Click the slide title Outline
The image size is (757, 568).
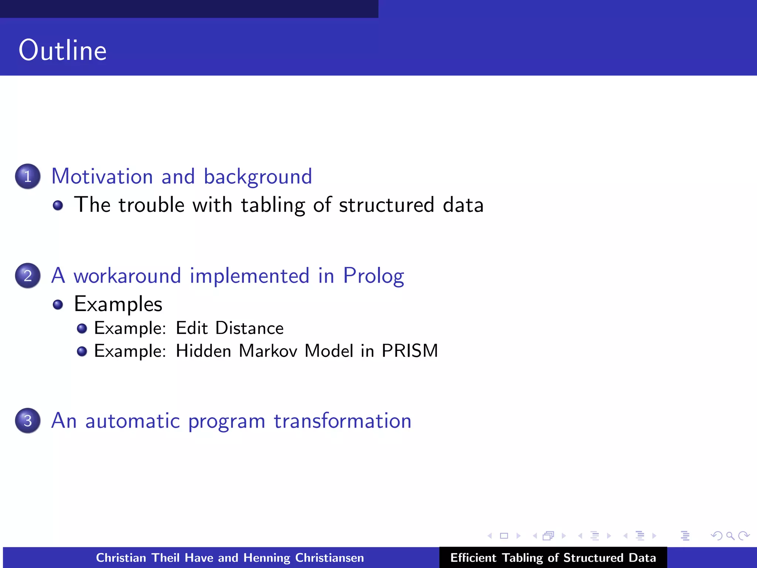point(62,50)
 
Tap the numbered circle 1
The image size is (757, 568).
point(28,176)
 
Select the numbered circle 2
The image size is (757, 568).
point(28,276)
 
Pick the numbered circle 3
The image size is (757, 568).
point(28,421)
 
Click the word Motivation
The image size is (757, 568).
point(102,176)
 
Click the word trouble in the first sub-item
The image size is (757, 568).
point(151,205)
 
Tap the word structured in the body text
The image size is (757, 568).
point(386,205)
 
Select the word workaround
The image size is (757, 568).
point(127,276)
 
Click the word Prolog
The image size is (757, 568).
point(373,276)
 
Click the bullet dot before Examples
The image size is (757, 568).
point(58,305)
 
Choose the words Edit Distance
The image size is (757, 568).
point(230,328)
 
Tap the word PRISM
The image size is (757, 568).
point(410,351)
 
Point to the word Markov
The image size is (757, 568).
point(268,351)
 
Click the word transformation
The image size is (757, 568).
point(342,421)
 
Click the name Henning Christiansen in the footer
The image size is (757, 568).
point(303,558)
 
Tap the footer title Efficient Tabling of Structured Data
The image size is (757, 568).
point(553,558)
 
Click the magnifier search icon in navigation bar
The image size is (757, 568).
point(730,536)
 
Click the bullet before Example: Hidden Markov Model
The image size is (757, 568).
point(82,351)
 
